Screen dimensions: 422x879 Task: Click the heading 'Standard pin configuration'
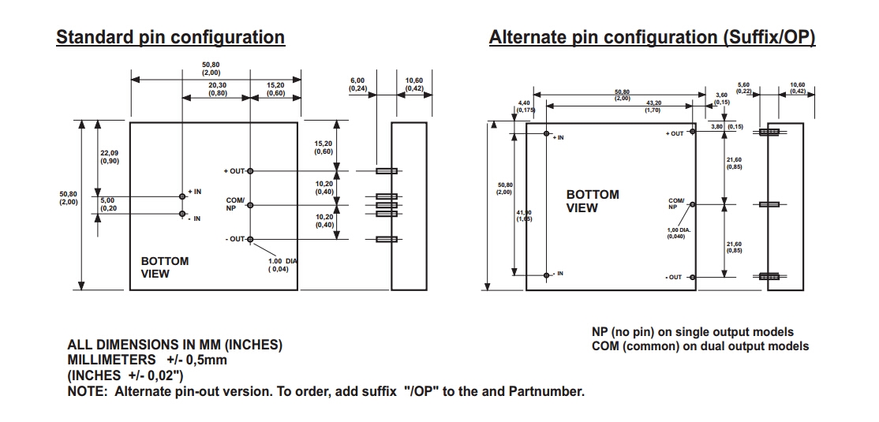click(170, 37)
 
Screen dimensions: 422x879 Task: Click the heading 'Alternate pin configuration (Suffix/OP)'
click(651, 37)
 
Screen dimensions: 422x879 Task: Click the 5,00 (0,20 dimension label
click(108, 204)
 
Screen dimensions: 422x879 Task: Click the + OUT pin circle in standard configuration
click(251, 170)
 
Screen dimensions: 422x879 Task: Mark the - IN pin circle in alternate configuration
click(547, 274)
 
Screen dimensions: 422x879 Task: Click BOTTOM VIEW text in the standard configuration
click(164, 267)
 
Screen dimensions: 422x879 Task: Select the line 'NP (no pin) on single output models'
click(692, 332)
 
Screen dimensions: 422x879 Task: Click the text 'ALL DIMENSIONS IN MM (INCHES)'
click(174, 345)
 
